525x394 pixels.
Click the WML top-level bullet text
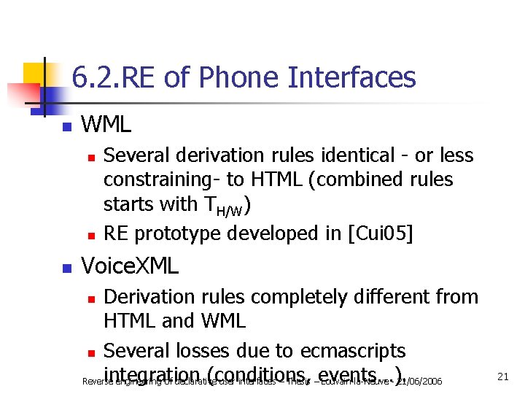(106, 125)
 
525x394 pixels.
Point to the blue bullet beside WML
(66, 127)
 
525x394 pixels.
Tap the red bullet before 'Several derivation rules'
(90, 157)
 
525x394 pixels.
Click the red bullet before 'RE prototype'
(90, 235)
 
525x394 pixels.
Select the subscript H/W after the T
(231, 211)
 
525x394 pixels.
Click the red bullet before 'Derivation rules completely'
(90, 298)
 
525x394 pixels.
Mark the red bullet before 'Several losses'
(90, 352)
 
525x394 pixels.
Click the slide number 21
(502, 376)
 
